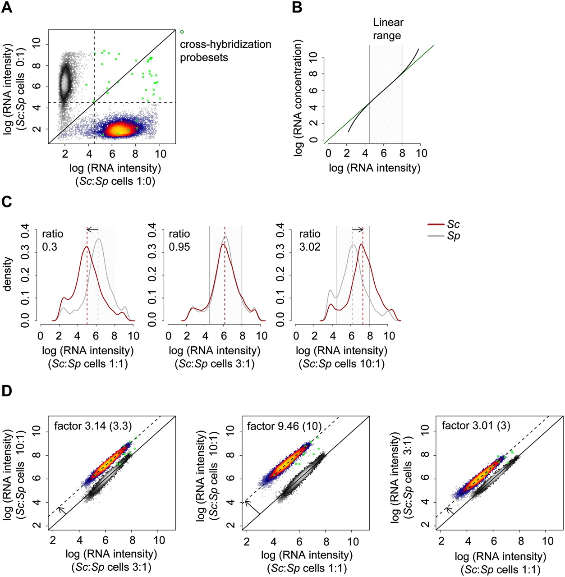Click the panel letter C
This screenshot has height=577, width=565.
7,201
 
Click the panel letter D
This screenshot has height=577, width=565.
7,391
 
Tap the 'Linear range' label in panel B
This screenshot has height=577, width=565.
387,29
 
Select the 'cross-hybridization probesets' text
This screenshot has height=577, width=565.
225,51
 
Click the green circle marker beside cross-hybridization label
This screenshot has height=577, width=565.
182,32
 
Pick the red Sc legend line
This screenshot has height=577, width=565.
436,224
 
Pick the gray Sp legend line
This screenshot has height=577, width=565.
436,236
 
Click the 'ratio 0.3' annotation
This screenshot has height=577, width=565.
52,240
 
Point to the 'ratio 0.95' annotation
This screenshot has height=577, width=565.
179,240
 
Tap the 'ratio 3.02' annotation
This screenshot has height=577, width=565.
310,240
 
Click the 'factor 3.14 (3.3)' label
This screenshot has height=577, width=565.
92,426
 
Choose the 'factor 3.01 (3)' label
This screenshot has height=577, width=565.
476,426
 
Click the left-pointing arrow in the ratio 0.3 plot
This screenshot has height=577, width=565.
92,229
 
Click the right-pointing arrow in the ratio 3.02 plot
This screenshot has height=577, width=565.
358,229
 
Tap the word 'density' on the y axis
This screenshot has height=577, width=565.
7,274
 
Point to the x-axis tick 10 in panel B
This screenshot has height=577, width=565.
421,153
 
